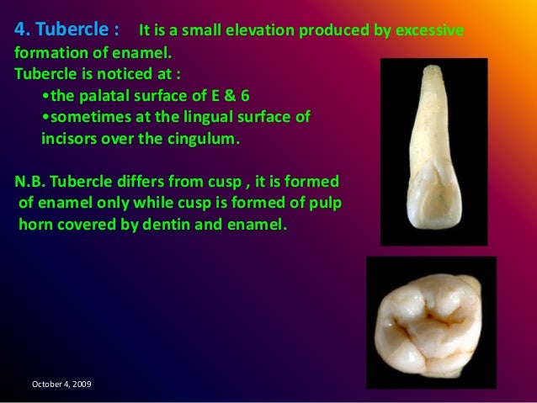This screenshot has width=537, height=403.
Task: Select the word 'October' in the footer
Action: coord(45,384)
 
